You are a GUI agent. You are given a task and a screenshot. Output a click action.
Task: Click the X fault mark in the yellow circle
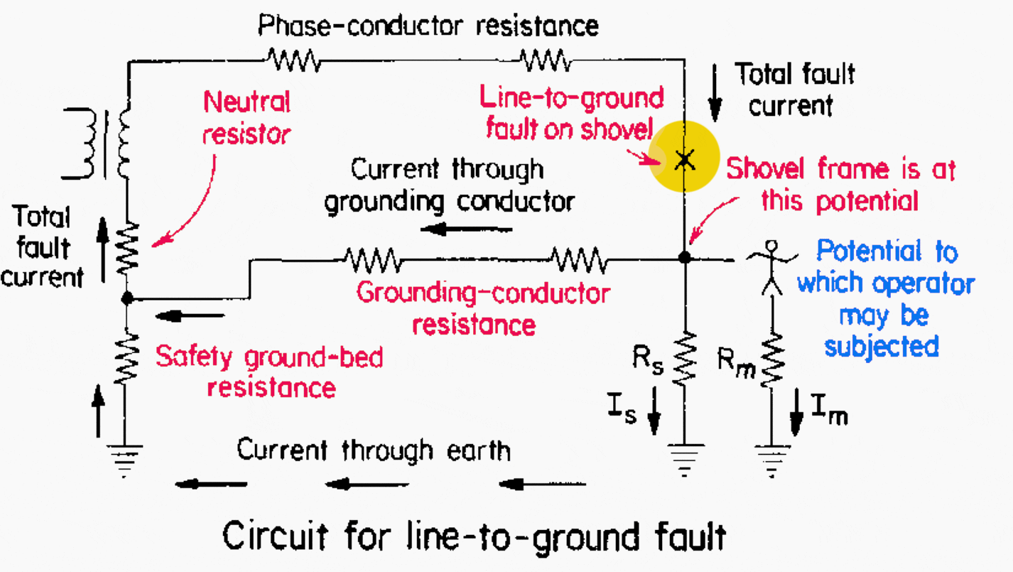[684, 159]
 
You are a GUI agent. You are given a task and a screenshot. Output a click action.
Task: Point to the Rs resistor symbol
[684, 359]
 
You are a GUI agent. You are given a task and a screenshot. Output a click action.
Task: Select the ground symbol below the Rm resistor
[771, 453]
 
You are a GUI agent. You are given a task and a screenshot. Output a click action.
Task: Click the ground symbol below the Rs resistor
[684, 453]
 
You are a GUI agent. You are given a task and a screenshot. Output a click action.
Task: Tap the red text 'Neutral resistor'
[247, 117]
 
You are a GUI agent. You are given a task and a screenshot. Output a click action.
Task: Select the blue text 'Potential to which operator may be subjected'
[885, 298]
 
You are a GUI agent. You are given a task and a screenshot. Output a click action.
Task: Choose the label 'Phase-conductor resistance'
[428, 26]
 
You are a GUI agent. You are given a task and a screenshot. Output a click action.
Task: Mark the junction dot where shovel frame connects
[684, 257]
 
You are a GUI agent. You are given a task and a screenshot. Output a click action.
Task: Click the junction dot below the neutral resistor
[127, 299]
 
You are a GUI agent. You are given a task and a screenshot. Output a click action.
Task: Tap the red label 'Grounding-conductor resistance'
[483, 308]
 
